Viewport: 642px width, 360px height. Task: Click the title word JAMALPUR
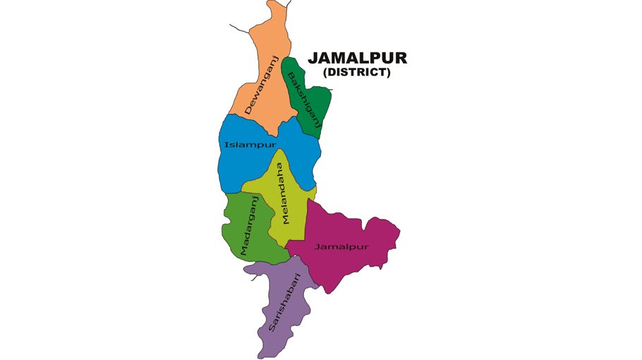click(358, 58)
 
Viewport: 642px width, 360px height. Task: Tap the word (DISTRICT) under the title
click(357, 72)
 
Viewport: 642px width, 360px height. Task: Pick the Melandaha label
click(282, 193)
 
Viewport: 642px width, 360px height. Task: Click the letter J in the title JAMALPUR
click(313, 58)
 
